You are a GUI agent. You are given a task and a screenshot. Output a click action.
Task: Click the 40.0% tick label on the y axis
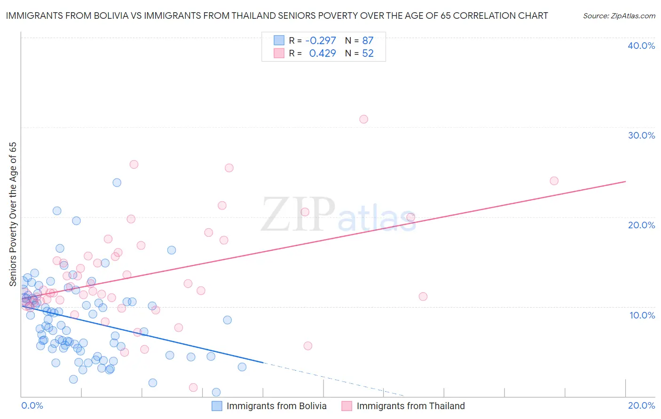641,46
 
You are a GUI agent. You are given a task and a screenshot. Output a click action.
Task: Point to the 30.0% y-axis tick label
641,135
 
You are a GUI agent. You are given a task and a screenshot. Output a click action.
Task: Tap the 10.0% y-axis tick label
642,315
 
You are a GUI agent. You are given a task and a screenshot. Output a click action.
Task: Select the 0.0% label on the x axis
32,405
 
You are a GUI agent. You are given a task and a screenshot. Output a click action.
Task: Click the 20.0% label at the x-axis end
641,405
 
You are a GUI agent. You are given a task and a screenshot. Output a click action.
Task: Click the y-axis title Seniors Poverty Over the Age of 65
13,214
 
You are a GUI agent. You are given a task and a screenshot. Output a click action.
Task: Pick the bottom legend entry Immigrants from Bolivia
276,406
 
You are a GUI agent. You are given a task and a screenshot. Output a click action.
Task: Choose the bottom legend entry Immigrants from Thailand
410,406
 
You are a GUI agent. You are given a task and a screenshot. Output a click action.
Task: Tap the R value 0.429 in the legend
322,54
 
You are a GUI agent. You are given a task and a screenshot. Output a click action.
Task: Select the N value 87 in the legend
368,41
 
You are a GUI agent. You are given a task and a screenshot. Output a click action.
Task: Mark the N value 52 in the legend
368,54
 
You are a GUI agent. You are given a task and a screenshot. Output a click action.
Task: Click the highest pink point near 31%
363,119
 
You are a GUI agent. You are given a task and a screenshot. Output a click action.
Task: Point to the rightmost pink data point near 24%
554,181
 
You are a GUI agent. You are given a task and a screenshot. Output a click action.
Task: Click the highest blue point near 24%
117,183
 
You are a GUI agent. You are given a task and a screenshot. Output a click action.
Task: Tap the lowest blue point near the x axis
216,392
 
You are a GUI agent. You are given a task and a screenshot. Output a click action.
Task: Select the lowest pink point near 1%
193,388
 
